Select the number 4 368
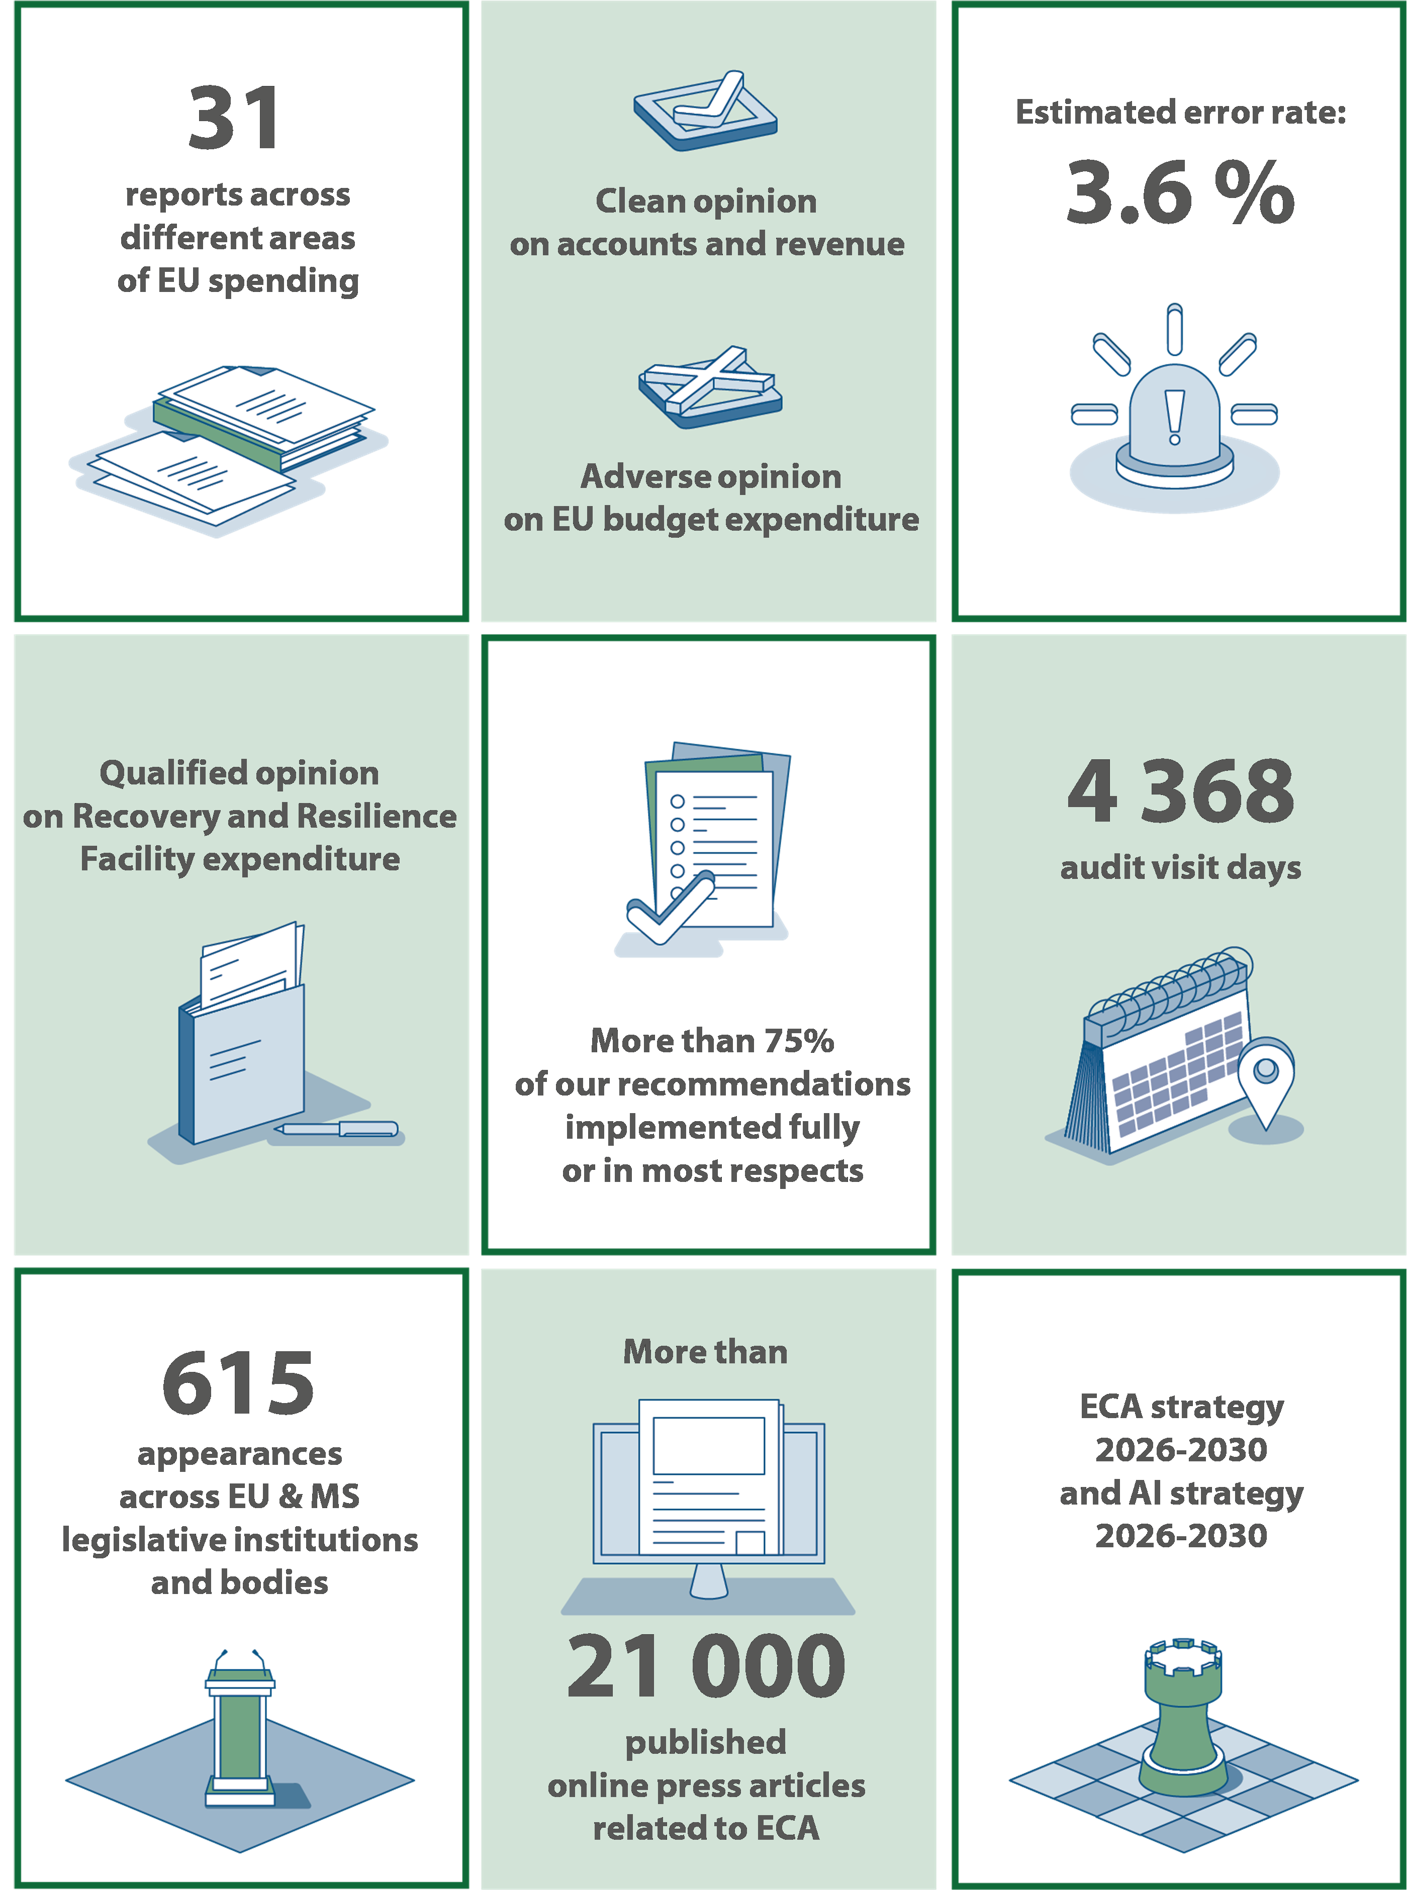pos(1180,792)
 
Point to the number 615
pos(238,1383)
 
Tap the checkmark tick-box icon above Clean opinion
pos(705,111)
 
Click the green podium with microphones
pos(240,1728)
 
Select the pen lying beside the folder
pos(336,1129)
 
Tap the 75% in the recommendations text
pos(798,1040)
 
